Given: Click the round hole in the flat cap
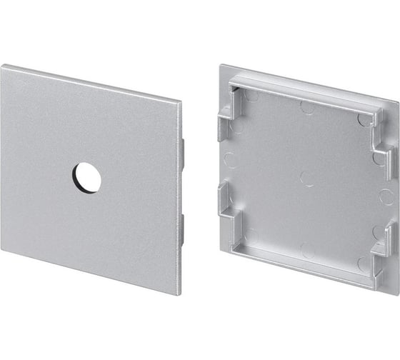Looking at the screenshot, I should coord(86,177).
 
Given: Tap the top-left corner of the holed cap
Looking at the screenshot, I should coord(2,66).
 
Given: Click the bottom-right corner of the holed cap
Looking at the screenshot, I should coord(178,294).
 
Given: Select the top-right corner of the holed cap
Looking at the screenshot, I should coord(180,103).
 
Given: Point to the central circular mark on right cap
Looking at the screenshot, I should coord(307,179).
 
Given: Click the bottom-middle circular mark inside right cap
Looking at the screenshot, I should coord(307,251).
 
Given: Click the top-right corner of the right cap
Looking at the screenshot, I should coord(397,103).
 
